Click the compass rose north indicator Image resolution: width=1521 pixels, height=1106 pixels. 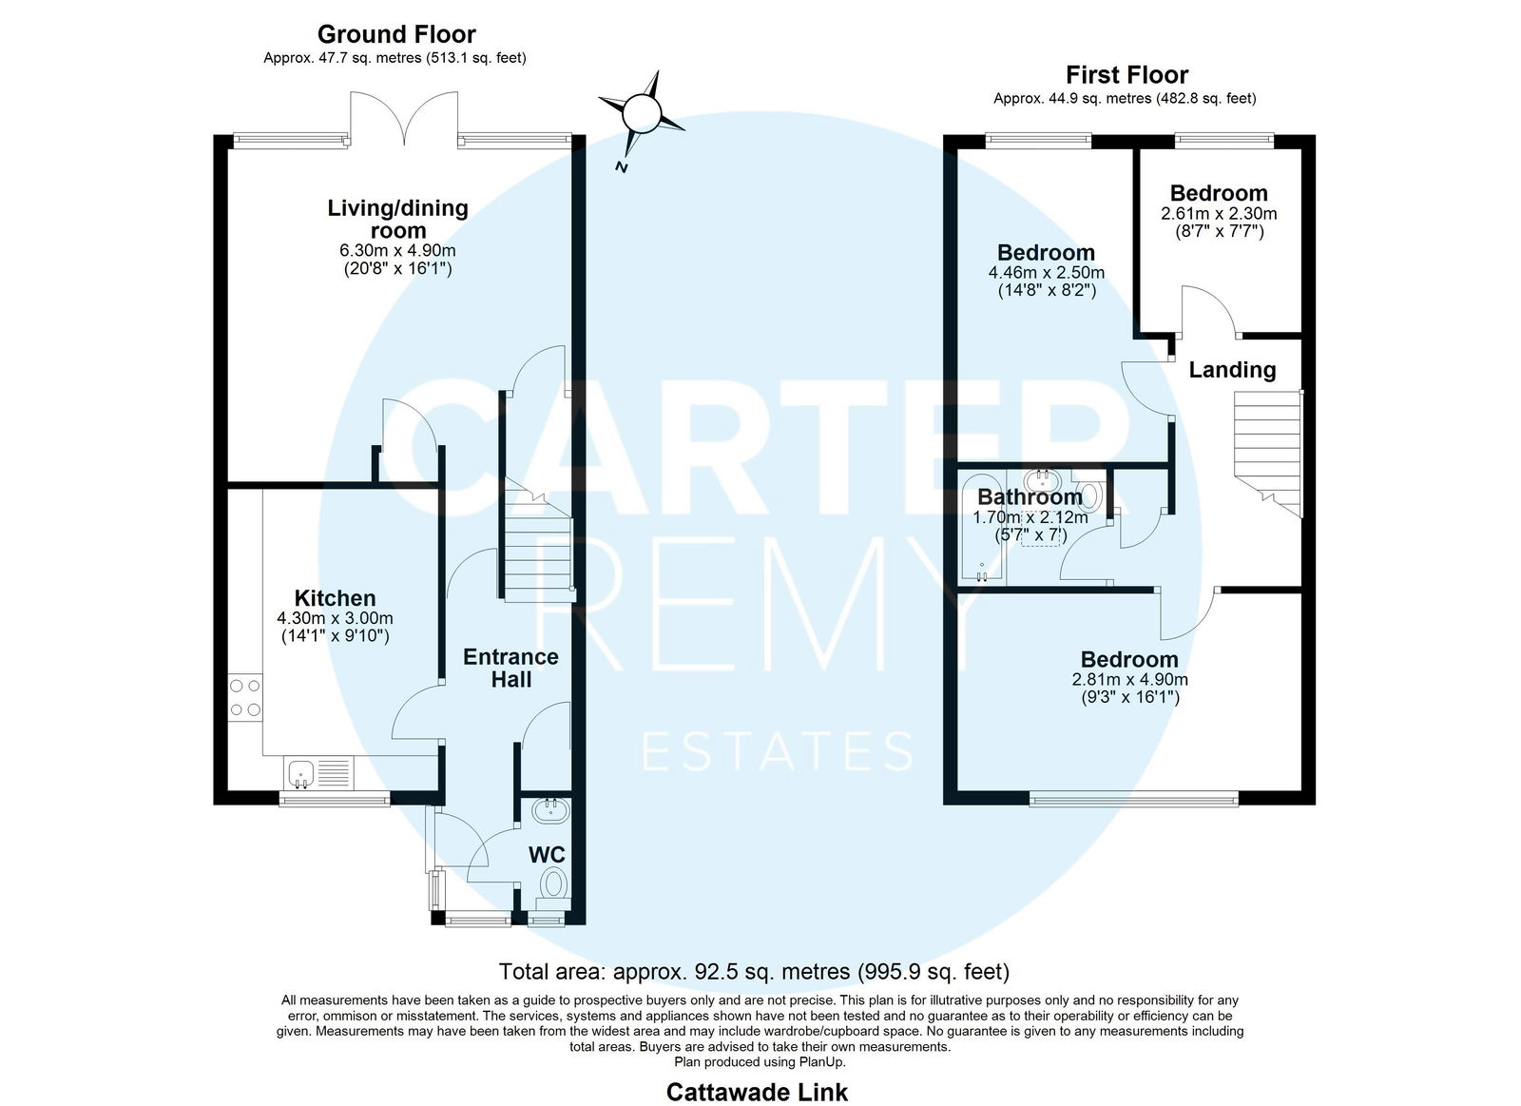642,113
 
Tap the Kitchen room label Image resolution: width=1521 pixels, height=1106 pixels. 335,598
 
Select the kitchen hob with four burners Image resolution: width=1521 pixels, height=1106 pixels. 245,698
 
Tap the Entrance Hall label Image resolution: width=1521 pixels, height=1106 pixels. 510,668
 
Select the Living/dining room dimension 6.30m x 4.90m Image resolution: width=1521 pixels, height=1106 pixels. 398,251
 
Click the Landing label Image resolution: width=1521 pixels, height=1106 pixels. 1232,370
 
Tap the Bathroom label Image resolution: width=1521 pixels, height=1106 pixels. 1030,497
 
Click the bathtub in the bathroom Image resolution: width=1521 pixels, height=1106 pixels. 982,528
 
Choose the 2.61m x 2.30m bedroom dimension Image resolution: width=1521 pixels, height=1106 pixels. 1219,213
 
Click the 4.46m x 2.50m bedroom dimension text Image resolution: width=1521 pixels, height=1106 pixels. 1047,272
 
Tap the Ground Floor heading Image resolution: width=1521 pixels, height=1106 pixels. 396,34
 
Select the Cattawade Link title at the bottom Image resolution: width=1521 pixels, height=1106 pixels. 757,1093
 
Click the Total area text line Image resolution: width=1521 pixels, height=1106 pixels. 755,972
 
